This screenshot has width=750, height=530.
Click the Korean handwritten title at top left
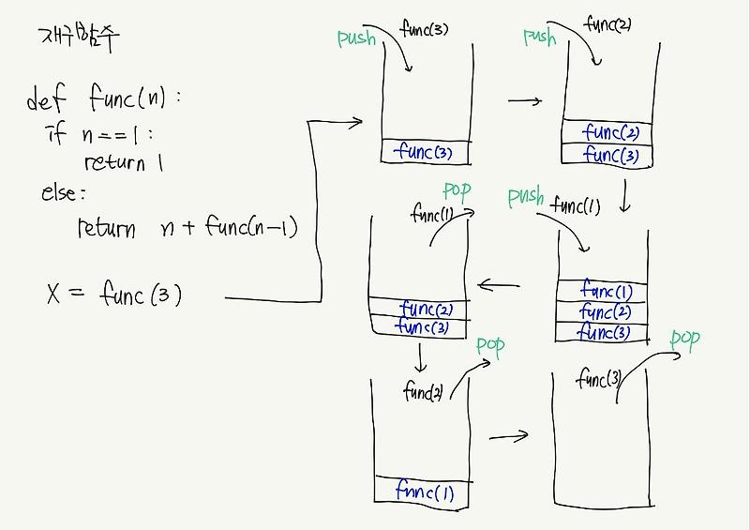click(x=80, y=37)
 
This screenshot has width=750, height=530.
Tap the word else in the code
click(x=63, y=194)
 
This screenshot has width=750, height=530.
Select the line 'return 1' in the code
click(x=124, y=162)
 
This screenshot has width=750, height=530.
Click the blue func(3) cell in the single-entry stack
click(x=424, y=151)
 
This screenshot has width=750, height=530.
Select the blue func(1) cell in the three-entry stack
click(x=606, y=292)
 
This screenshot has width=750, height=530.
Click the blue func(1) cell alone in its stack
click(x=424, y=491)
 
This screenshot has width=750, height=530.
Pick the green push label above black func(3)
click(x=356, y=38)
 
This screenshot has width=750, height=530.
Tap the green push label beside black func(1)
click(x=525, y=197)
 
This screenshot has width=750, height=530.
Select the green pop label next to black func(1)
click(x=457, y=191)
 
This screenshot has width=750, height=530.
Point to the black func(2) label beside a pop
click(x=423, y=392)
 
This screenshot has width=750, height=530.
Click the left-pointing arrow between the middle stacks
click(x=499, y=284)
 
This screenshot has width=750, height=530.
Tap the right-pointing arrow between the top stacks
click(x=524, y=100)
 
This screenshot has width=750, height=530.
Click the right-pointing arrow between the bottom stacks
click(x=509, y=436)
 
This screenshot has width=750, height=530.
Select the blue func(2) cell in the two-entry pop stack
click(x=427, y=308)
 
